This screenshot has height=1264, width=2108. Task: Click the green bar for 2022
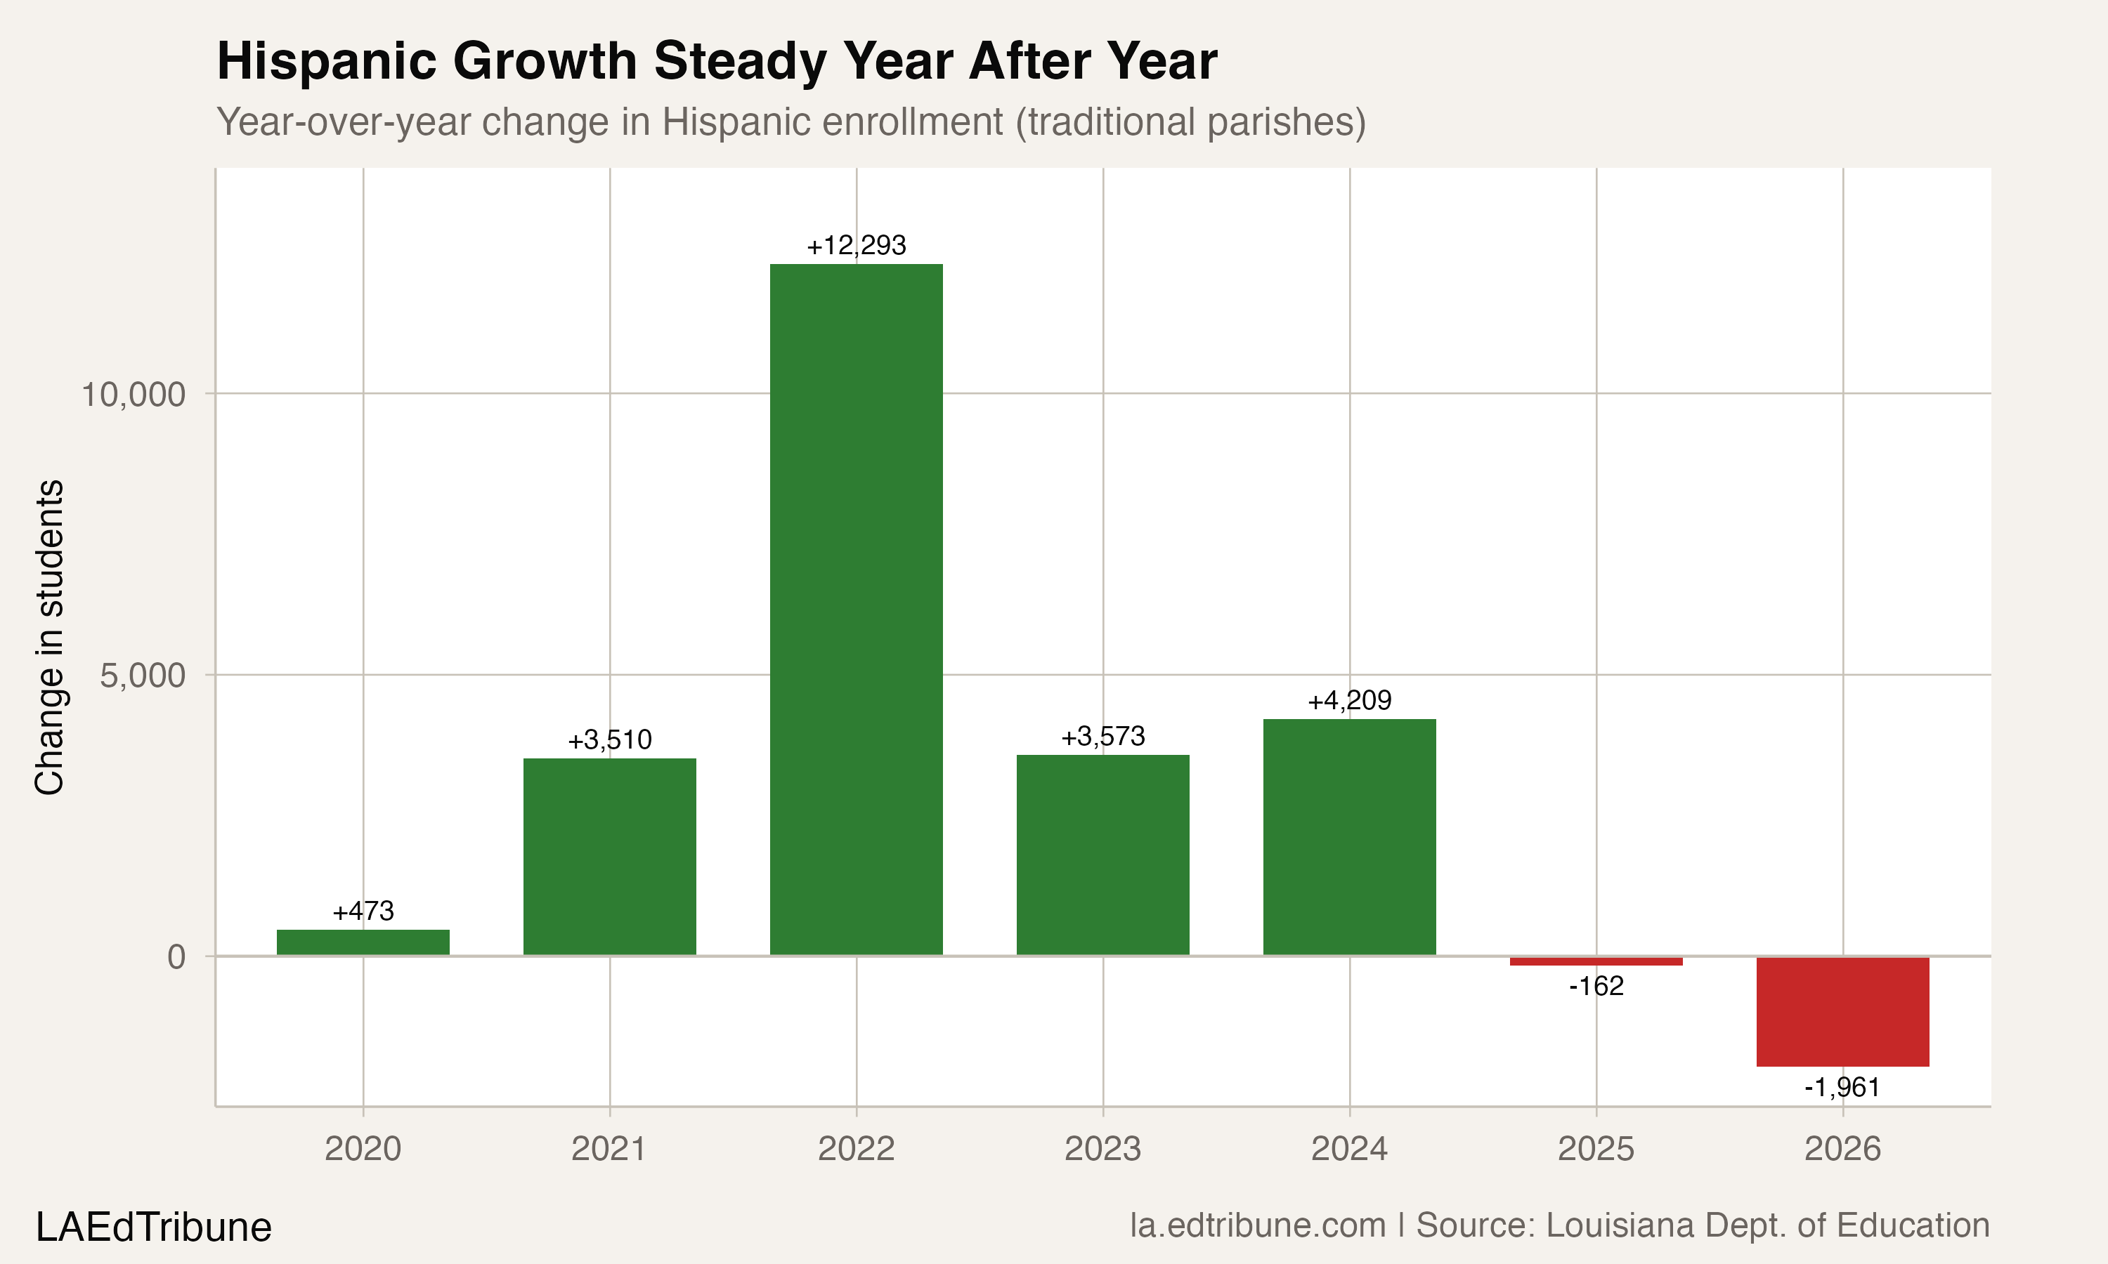pyautogui.click(x=857, y=609)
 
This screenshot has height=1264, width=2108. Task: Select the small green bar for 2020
pyautogui.click(x=363, y=942)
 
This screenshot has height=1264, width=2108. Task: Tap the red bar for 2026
pyautogui.click(x=1842, y=1011)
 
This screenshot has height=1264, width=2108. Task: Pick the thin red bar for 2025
pyautogui.click(x=1596, y=961)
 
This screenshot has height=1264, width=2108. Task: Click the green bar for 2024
pyautogui.click(x=1350, y=836)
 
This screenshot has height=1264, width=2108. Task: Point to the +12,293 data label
pyautogui.click(x=857, y=245)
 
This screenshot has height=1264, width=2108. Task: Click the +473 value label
pyautogui.click(x=363, y=911)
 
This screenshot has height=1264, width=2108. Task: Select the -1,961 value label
pyautogui.click(x=1842, y=1088)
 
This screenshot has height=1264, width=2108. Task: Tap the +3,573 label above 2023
pyautogui.click(x=1102, y=736)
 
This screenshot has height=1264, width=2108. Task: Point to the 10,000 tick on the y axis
pyautogui.click(x=133, y=395)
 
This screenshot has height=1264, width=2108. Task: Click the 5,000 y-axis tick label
pyautogui.click(x=143, y=676)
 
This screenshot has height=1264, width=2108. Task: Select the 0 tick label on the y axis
pyautogui.click(x=176, y=957)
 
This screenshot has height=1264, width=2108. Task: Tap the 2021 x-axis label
pyautogui.click(x=609, y=1149)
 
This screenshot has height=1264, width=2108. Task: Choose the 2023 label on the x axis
pyautogui.click(x=1102, y=1149)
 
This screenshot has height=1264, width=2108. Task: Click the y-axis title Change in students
pyautogui.click(x=49, y=637)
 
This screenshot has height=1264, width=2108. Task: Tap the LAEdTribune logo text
pyautogui.click(x=153, y=1227)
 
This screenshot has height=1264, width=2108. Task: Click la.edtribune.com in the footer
pyautogui.click(x=1258, y=1225)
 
